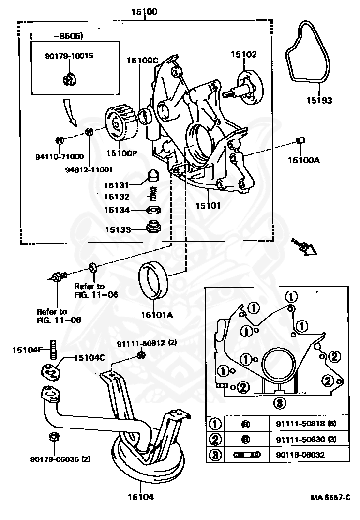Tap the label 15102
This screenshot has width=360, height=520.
243,55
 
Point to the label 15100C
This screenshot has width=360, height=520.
143,61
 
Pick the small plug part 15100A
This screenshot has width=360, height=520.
300,140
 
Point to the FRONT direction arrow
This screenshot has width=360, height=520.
303,245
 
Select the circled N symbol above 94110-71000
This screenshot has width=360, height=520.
59,140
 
